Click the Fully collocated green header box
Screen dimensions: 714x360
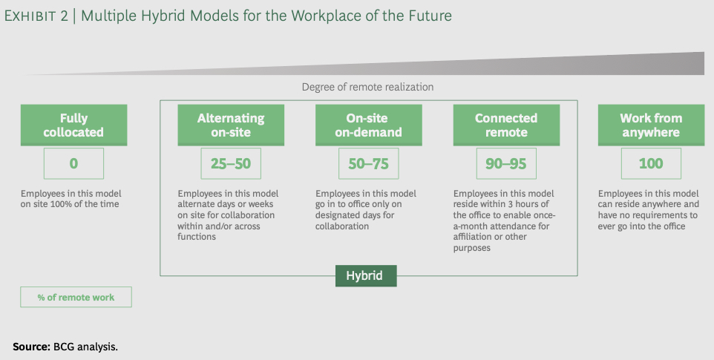[x=73, y=125]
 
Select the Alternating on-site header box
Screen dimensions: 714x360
[x=231, y=125]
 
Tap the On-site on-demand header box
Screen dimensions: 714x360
[x=369, y=125]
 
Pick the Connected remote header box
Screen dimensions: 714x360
[x=506, y=125]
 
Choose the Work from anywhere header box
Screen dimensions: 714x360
[x=651, y=125]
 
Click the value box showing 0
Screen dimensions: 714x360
[x=73, y=163]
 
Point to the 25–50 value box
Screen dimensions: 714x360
[x=231, y=163]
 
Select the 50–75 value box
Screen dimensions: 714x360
[x=369, y=163]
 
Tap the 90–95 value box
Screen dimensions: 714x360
[x=506, y=163]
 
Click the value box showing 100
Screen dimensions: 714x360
[x=651, y=163]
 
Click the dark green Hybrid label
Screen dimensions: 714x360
[x=366, y=276]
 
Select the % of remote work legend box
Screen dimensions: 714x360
[x=76, y=297]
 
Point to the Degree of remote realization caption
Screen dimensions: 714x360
[x=367, y=87]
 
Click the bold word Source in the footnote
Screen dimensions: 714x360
[x=31, y=347]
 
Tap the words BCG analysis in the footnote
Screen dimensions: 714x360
[x=85, y=347]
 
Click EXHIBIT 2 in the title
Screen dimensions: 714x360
[x=36, y=16]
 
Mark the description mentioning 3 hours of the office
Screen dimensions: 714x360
[x=504, y=220]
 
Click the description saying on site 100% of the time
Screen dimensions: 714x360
[x=71, y=199]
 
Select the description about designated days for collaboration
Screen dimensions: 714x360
[x=366, y=210]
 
